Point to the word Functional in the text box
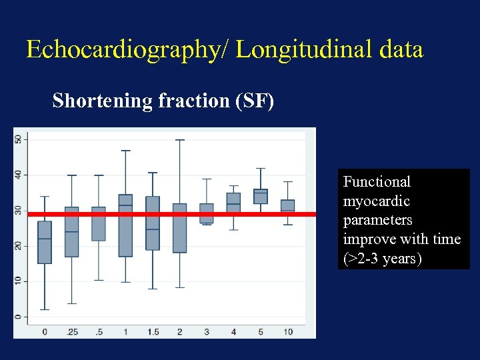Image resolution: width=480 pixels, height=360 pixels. [x=377, y=181]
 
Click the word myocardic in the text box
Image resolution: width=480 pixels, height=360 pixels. [x=376, y=201]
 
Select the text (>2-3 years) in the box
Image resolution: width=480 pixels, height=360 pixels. [x=382, y=259]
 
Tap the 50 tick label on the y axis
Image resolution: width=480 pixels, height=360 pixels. [x=18, y=139]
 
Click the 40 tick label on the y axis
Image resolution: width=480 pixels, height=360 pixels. [x=18, y=175]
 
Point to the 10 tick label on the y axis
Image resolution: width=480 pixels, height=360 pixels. [x=18, y=281]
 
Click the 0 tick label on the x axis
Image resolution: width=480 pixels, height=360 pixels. [x=45, y=331]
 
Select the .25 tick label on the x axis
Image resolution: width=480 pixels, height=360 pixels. [x=71, y=331]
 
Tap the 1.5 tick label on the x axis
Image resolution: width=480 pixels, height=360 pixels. [x=153, y=331]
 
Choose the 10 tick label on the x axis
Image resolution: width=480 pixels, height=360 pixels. [x=287, y=331]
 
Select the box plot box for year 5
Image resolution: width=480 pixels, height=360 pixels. [x=261, y=197]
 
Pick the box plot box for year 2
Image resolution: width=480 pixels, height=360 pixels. [x=179, y=229]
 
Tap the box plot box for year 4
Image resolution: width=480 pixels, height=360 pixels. [x=233, y=202]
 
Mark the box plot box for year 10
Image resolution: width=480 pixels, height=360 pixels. [x=287, y=205]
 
